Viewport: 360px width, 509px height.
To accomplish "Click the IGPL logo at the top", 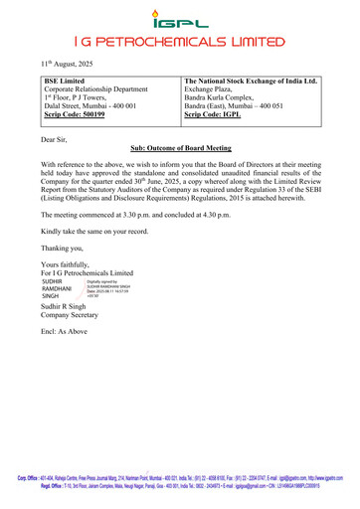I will pyautogui.click(x=179, y=17).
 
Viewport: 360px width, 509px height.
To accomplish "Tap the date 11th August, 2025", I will pyautogui.click(x=56, y=63).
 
